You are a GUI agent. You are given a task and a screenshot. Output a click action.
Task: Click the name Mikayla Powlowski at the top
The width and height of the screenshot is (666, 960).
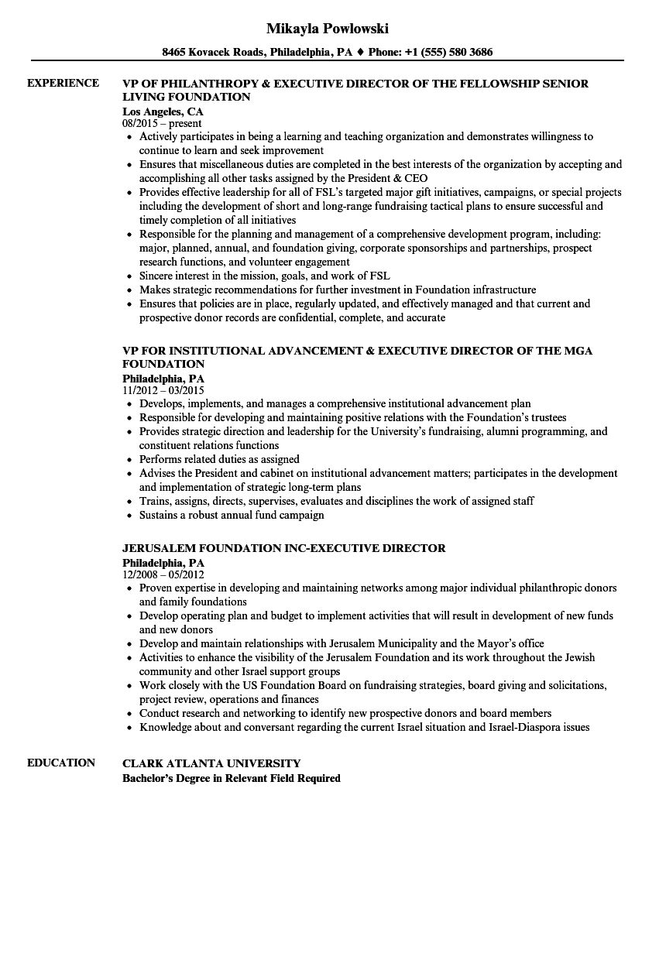(x=327, y=29)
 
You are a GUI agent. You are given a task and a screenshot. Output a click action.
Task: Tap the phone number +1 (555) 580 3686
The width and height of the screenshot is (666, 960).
(x=451, y=53)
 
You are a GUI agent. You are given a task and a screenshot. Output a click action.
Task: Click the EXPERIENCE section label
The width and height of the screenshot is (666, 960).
(x=63, y=84)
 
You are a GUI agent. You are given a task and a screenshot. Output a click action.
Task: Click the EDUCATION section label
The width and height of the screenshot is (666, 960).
(x=61, y=763)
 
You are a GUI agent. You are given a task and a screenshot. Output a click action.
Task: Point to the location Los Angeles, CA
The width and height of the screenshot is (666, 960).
(x=163, y=111)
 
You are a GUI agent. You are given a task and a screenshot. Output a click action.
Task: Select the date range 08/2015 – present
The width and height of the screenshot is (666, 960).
(x=162, y=123)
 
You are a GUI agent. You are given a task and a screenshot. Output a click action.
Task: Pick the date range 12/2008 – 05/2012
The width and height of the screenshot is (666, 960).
(x=163, y=574)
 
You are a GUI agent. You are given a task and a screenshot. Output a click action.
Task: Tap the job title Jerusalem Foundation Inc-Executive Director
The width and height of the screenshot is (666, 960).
(x=283, y=548)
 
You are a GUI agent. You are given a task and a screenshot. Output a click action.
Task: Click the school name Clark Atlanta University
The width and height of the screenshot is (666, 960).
(x=211, y=763)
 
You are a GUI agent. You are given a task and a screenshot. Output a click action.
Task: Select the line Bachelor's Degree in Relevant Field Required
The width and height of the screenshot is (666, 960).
(x=232, y=778)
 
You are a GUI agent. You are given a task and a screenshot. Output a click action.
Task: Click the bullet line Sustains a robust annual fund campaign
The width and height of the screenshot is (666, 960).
(x=232, y=515)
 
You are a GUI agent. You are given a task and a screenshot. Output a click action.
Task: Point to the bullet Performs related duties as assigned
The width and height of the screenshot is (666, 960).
(x=219, y=459)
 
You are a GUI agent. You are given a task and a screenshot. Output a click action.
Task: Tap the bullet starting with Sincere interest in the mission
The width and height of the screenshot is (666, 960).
(x=264, y=276)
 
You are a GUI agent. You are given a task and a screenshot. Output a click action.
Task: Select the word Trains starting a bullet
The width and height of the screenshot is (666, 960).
(x=154, y=501)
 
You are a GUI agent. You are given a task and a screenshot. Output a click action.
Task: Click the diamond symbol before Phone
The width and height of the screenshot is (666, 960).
(x=360, y=53)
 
